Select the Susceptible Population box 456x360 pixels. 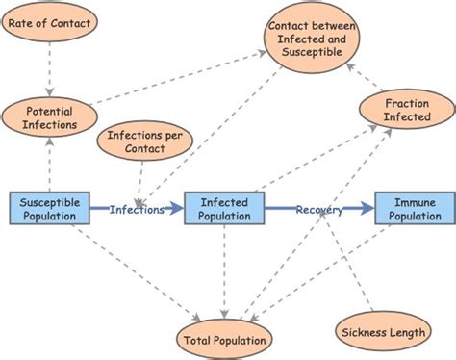50,209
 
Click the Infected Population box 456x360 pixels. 225,209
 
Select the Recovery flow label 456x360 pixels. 318,209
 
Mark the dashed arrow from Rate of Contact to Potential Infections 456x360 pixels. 49,69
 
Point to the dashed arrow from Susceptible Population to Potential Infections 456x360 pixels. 49,164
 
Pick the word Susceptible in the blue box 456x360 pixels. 50,201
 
